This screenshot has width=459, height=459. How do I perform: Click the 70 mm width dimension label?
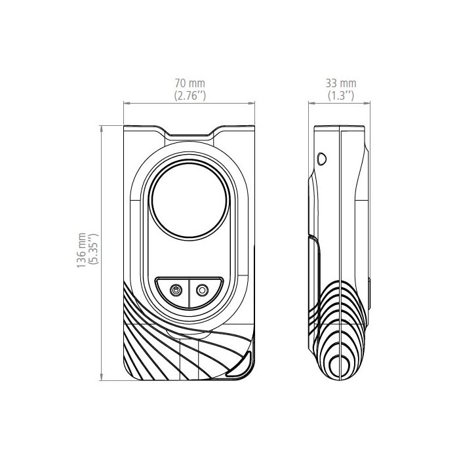pos(190,83)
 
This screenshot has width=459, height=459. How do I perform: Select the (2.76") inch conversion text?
pos(190,96)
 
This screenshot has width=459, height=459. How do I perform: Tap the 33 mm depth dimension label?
pos(341,83)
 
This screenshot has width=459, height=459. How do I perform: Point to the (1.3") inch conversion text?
pos(341,96)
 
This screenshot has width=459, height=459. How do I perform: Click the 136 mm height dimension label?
pos(81,250)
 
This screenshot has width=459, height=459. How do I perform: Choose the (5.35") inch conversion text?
pos(94,249)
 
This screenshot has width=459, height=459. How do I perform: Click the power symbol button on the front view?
pos(176,290)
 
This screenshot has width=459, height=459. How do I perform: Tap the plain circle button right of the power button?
pos(202,290)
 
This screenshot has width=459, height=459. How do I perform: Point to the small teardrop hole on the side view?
pos(322,159)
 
